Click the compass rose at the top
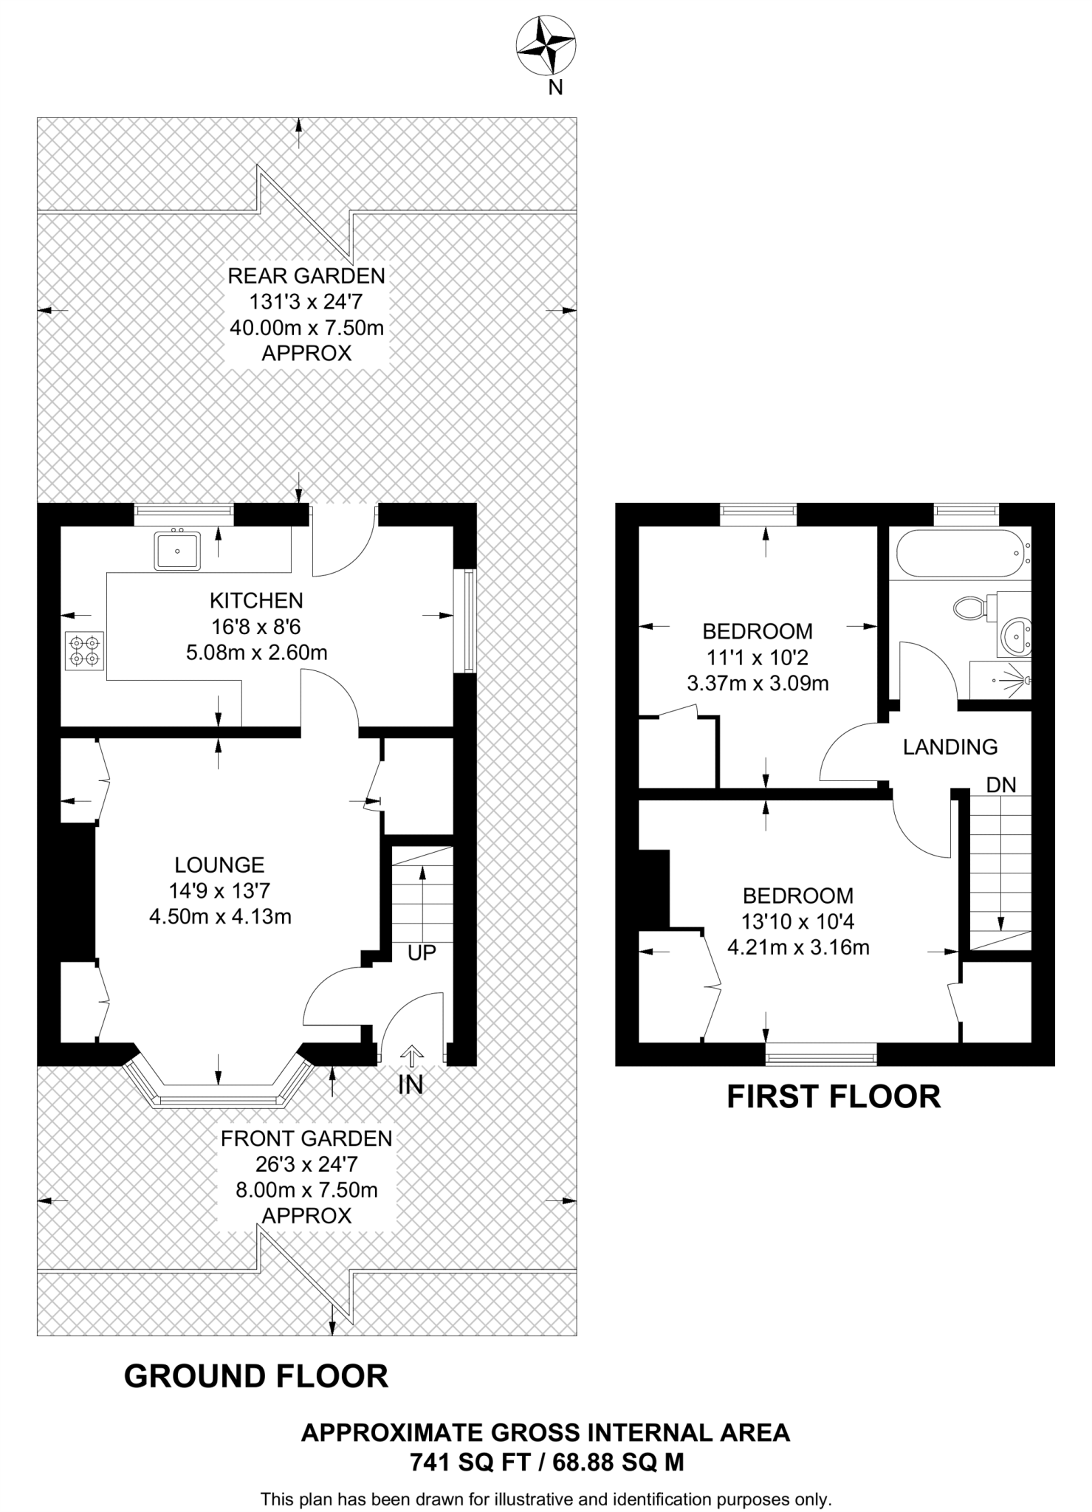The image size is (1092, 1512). (546, 47)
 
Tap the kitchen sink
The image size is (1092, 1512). (176, 551)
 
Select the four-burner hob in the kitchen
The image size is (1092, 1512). (84, 650)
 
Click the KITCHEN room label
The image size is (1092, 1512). (256, 600)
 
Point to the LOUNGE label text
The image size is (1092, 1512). (219, 865)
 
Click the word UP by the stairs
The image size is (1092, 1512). (422, 952)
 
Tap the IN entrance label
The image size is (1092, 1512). (411, 1085)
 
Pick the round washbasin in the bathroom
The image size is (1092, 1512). (1017, 634)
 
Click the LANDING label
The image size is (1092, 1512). (950, 747)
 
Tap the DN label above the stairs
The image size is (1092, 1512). (1001, 785)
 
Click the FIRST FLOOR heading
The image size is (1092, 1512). (834, 1097)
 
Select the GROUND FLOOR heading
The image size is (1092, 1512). (255, 1377)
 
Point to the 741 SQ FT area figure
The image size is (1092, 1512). (467, 1462)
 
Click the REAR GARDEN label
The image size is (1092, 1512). (306, 276)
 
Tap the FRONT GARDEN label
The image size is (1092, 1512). (306, 1138)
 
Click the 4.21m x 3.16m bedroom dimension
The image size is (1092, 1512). (798, 947)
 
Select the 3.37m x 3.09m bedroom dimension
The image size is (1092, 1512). (758, 683)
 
